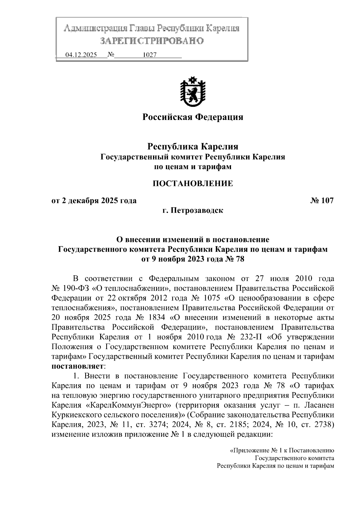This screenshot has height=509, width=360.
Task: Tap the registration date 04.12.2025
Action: coord(81,55)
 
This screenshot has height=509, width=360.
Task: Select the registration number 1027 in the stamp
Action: coord(150,55)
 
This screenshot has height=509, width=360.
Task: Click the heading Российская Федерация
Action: coord(192,117)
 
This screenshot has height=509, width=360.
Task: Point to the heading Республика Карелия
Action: coord(192,147)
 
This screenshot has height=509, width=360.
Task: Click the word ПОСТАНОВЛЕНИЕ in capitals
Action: coord(192,183)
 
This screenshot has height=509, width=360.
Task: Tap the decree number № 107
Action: coord(322,201)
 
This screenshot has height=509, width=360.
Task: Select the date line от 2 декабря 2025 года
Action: coord(94,201)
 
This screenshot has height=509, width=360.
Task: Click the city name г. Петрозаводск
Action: coord(192,211)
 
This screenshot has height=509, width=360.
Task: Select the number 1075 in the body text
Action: coord(212,298)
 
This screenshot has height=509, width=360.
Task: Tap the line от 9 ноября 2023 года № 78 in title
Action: coord(192,259)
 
